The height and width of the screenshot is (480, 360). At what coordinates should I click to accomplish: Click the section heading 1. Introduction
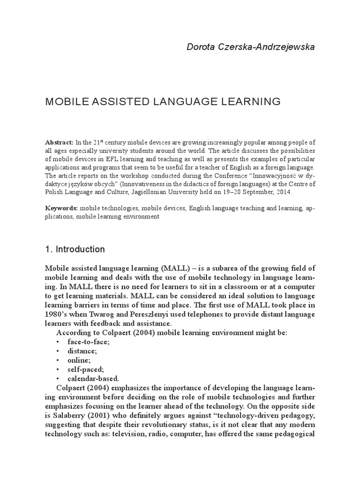pyautogui.click(x=75, y=249)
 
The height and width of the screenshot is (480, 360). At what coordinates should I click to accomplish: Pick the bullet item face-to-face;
pyautogui.click(x=89, y=342)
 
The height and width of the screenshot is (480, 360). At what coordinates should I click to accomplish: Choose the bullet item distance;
pyautogui.click(x=82, y=351)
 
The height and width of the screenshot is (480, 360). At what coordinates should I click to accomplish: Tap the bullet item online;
pyautogui.click(x=79, y=360)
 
